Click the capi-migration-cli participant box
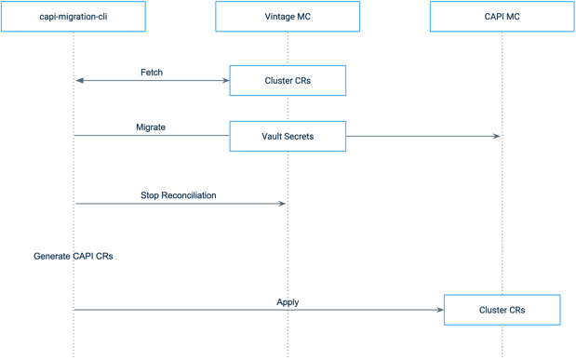74,17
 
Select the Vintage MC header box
288,17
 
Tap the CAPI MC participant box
502,17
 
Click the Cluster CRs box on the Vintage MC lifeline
288,81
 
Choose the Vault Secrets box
288,136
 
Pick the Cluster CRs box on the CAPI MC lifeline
502,310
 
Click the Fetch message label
152,72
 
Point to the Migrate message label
151,127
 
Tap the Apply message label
288,302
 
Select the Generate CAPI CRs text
74,256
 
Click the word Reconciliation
189,195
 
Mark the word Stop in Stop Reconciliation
151,195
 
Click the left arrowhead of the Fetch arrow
79,81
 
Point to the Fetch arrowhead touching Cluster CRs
225,81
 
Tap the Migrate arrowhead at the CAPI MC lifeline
497,137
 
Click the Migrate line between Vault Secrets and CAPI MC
419,137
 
